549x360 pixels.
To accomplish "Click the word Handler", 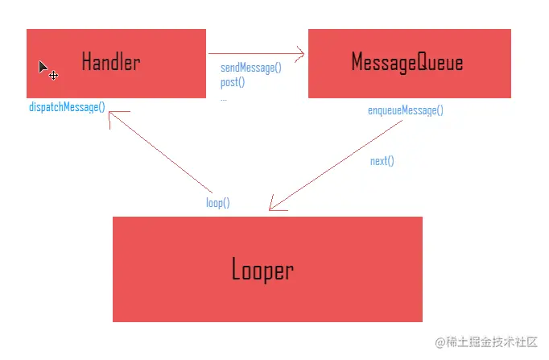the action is [110, 62].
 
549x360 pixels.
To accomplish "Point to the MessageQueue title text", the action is [407, 62].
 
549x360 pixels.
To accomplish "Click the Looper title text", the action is [262, 270].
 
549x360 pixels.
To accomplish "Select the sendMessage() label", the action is [251, 68].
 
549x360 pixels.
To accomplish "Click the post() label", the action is [233, 82].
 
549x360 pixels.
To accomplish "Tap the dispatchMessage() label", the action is [67, 106].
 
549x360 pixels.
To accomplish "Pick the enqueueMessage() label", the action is [405, 111].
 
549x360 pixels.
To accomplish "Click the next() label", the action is [382, 161].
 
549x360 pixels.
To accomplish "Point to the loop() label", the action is [217, 203].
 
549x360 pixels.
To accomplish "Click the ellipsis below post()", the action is [224, 98].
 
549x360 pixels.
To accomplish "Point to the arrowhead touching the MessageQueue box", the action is [300, 55].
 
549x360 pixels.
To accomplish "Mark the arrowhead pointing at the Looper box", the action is [275, 205].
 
